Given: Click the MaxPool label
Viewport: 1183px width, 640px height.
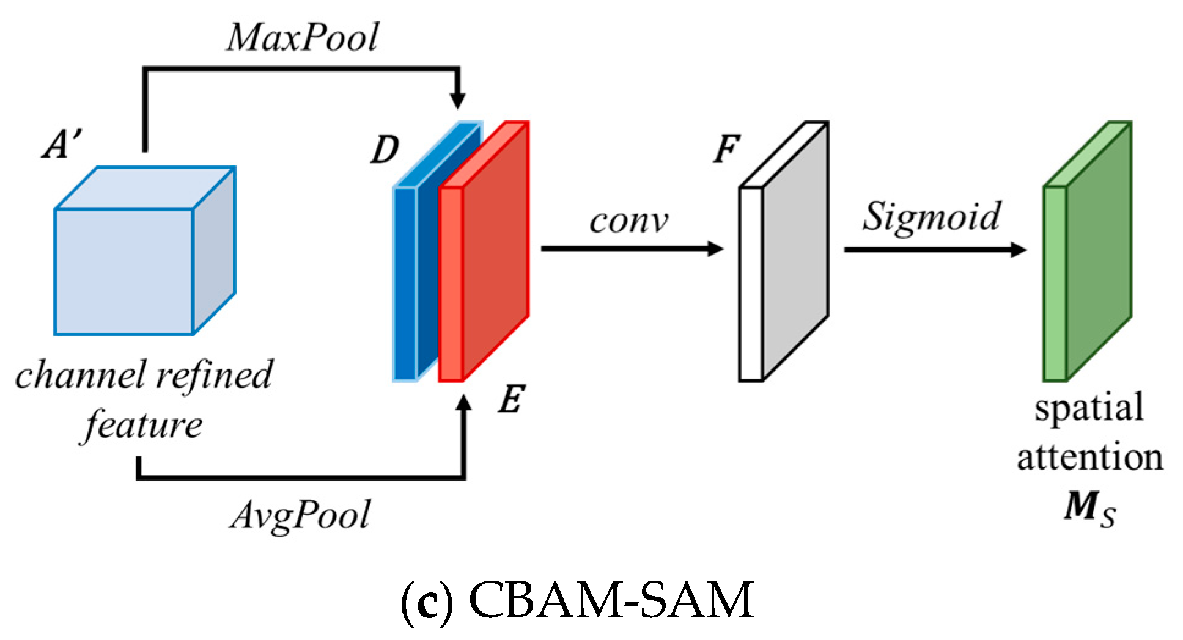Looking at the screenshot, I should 303,38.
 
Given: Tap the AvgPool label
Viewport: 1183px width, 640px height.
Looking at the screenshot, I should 301,515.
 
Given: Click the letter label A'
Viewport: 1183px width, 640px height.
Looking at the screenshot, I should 62,145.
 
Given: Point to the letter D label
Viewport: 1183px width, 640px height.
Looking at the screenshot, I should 385,149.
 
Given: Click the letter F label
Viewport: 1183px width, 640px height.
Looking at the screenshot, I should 727,148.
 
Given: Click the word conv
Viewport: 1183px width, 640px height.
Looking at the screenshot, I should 628,221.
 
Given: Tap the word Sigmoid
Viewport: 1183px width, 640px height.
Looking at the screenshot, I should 932,217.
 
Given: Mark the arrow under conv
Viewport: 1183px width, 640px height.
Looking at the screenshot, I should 630,249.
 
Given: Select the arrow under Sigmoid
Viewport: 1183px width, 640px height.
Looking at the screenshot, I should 934,249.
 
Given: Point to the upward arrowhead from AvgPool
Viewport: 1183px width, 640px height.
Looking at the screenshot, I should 465,404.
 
